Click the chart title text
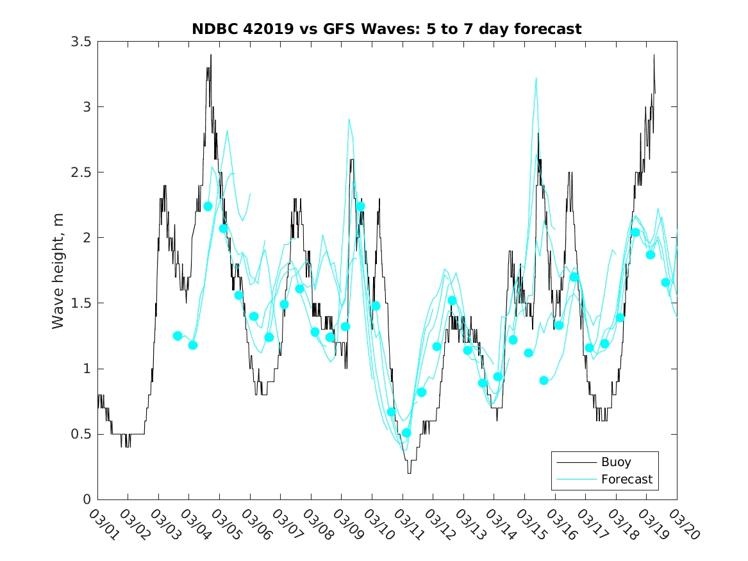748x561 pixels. click(386, 29)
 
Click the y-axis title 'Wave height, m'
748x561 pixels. click(58, 271)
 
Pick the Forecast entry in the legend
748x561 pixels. click(626, 479)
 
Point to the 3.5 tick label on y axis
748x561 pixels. click(82, 42)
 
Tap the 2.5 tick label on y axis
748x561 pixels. click(82, 172)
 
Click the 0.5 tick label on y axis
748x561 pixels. click(82, 434)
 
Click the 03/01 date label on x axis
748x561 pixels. click(104, 524)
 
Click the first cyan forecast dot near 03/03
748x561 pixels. click(178, 336)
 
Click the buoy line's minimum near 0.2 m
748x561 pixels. click(409, 473)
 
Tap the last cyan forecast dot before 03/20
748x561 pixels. click(666, 283)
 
